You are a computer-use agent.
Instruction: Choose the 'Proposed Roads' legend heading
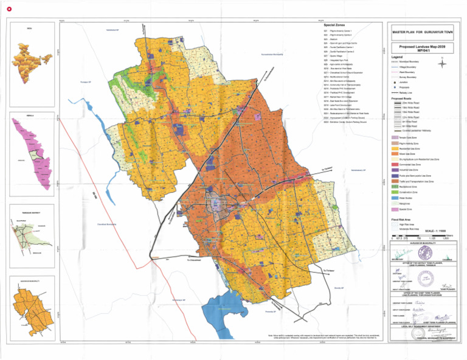click(x=403, y=99)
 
